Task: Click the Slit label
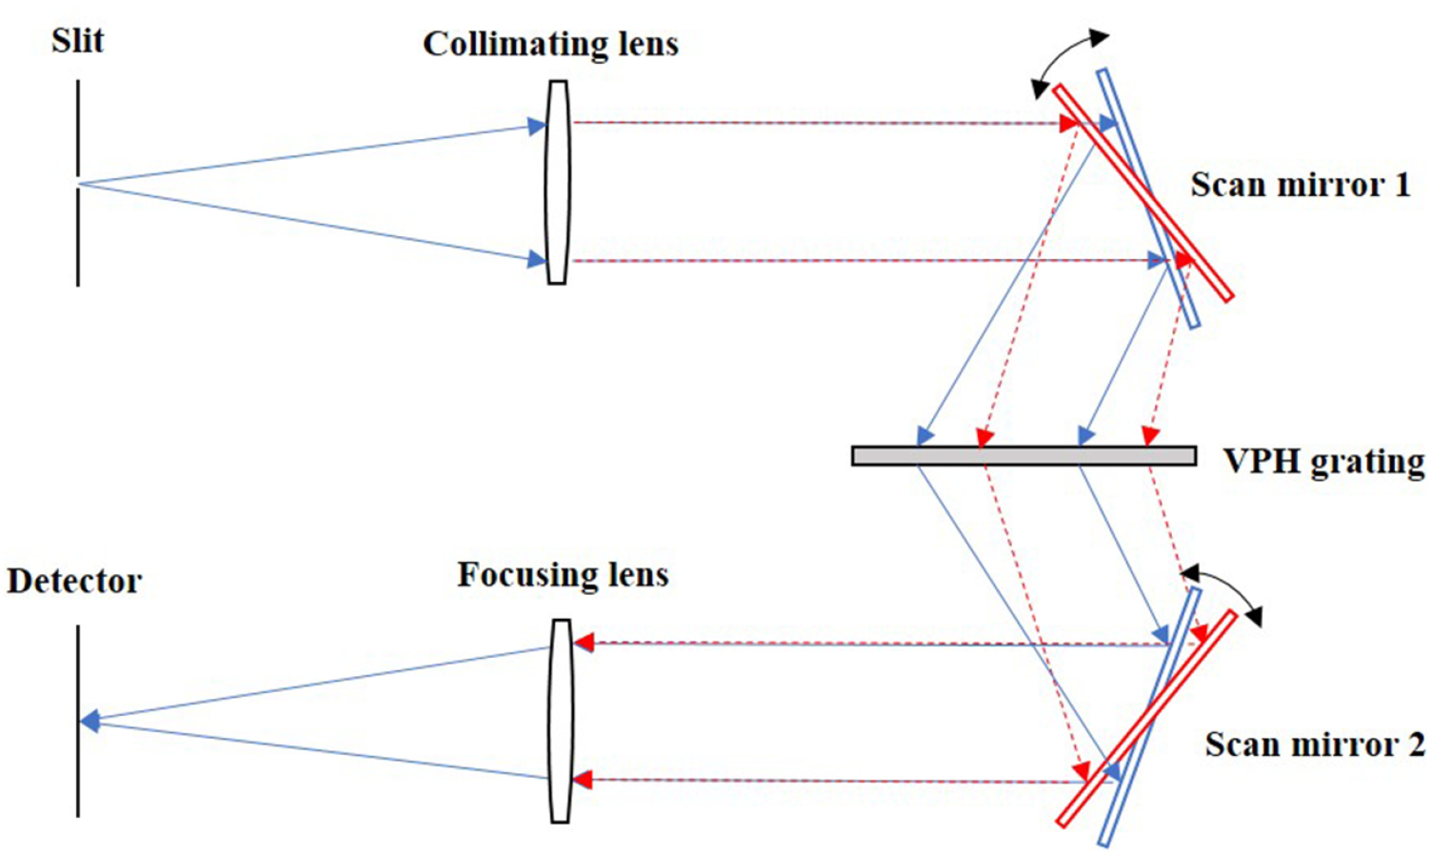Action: [77, 41]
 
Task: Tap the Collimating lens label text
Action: [550, 44]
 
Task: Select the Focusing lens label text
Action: [563, 575]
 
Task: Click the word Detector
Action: [74, 581]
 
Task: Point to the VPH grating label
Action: [1323, 462]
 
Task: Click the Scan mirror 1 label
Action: [1300, 185]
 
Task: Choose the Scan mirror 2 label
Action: [1314, 744]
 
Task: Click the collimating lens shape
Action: [558, 182]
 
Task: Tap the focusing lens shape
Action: [561, 721]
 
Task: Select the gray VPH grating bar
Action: [1024, 456]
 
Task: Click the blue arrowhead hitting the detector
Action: [89, 722]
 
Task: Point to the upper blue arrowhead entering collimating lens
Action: [537, 126]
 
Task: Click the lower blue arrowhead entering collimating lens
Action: [537, 258]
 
